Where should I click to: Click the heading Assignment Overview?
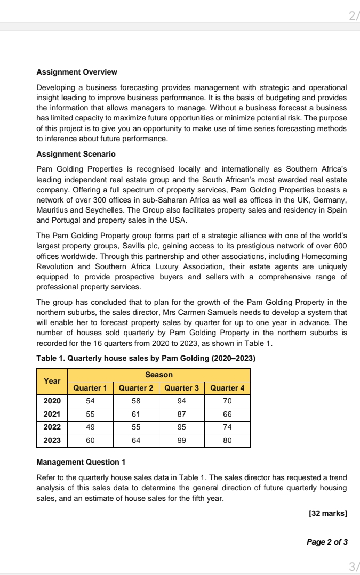[77, 72]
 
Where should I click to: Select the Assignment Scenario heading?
[76, 154]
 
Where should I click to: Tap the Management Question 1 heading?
[81, 462]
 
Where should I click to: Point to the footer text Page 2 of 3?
[327, 542]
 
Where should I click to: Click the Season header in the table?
[159, 375]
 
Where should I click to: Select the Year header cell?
[52, 381]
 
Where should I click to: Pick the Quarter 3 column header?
[181, 388]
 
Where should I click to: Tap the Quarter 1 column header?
[90, 388]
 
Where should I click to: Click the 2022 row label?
[52, 427]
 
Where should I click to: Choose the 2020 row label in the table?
[52, 401]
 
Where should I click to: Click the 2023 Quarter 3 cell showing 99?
[181, 440]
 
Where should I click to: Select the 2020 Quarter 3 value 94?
[181, 401]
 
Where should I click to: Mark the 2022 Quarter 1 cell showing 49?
[90, 427]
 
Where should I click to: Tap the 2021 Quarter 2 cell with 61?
[135, 414]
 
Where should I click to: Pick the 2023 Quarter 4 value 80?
[227, 440]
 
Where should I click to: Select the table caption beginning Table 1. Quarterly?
[146, 359]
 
